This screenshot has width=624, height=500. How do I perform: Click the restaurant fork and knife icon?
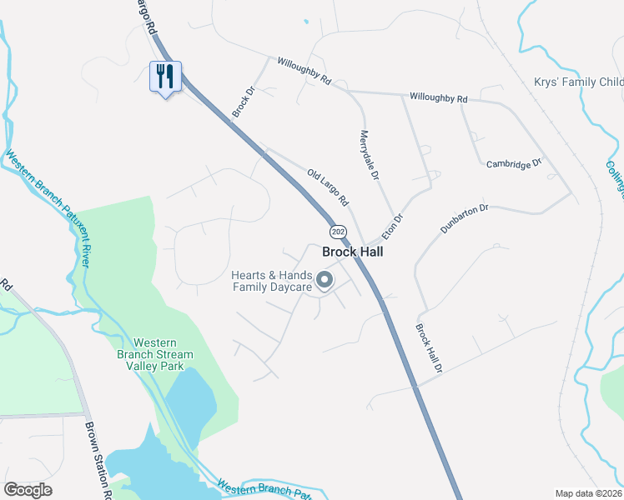[x=165, y=77]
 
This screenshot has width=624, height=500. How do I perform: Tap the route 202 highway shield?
[x=337, y=231]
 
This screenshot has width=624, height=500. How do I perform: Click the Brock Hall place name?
[x=351, y=251]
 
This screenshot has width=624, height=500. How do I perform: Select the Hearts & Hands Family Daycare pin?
[x=324, y=281]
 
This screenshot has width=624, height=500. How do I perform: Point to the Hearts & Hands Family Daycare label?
[x=271, y=282]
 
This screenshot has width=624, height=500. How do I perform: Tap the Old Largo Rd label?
[x=327, y=189]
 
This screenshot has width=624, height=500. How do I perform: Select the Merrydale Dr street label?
[x=370, y=155]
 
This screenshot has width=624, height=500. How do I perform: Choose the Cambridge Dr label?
[x=514, y=163]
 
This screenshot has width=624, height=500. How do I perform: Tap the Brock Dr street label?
[x=244, y=102]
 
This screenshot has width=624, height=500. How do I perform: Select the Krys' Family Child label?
[x=578, y=82]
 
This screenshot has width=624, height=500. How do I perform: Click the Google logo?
[x=28, y=490]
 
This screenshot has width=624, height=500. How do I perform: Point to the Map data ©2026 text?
[x=587, y=493]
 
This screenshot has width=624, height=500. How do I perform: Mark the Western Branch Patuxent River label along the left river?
[x=48, y=207]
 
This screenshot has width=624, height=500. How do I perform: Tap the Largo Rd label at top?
[x=145, y=17]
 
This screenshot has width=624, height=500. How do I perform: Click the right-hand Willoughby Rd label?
[x=438, y=98]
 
